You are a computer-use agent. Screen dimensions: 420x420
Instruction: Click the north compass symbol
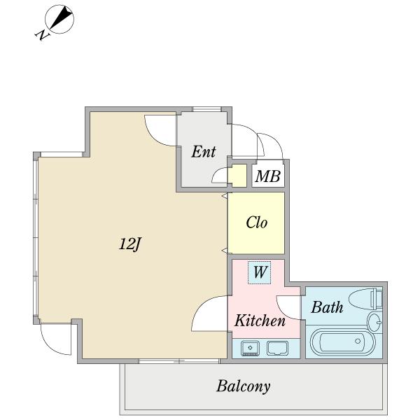pos(59,20)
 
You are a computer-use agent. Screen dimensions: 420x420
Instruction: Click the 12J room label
pos(129,244)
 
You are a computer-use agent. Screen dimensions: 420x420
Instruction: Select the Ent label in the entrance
pos(204,152)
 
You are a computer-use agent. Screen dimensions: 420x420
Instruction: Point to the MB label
pos(267,176)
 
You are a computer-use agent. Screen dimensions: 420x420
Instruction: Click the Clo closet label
pos(256,223)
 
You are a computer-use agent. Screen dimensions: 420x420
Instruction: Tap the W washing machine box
pos(259,272)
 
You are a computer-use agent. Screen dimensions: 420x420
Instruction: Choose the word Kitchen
pos(260,320)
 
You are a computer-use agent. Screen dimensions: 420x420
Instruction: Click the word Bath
pos(327,307)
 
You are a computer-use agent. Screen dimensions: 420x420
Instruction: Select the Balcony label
pos(243,386)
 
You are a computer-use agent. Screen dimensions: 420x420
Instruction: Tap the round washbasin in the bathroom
pos(374,322)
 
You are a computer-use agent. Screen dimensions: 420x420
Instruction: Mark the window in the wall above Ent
pos(206,109)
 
